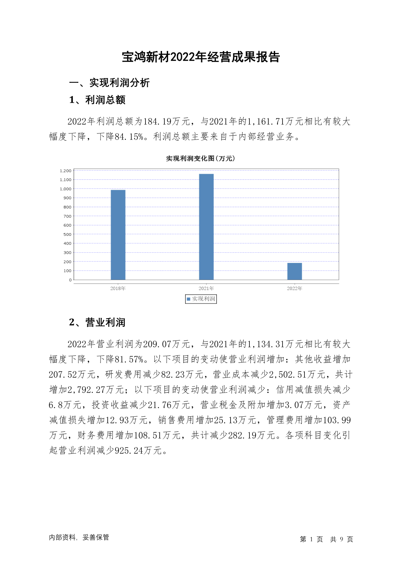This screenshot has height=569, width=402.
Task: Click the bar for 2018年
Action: [118, 235]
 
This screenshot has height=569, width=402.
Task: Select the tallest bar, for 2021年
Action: [206, 227]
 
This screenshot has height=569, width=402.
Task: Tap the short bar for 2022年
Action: [294, 271]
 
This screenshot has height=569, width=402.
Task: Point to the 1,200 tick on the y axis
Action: [66, 171]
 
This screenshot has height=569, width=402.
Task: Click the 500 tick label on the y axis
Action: [68, 234]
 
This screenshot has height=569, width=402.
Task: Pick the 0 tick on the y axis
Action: [70, 280]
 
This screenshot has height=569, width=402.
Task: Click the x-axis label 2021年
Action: [206, 289]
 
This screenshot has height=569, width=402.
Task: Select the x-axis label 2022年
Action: [294, 289]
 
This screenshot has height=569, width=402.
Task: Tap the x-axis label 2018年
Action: [118, 289]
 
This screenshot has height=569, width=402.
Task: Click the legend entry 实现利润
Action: [201, 299]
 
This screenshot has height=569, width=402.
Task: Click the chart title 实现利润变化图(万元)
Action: [200, 158]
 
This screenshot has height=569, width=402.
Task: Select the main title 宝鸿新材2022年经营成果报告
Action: [201, 57]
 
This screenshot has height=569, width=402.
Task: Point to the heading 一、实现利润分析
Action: [109, 83]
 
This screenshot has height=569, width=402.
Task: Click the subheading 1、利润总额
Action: [97, 100]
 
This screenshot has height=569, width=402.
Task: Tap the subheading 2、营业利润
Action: [97, 323]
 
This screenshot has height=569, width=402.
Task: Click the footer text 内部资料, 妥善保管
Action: [79, 538]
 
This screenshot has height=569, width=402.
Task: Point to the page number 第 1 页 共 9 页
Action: [326, 540]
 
